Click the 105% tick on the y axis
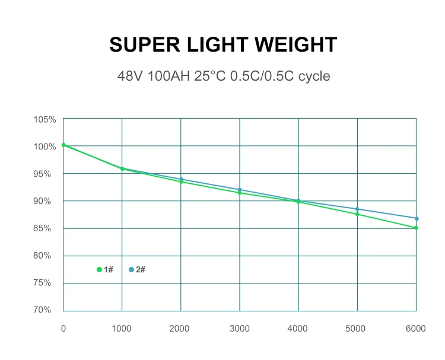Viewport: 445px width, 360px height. pos(44,119)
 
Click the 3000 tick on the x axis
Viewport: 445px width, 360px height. pos(239,327)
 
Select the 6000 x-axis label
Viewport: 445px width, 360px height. pos(415,327)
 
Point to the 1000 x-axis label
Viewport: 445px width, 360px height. pos(122,327)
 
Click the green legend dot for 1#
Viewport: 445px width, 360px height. pos(99,269)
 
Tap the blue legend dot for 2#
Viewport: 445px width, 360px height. pos(131,269)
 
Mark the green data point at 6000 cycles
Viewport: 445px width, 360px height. pos(417,228)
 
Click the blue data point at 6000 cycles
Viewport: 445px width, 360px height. pos(417,218)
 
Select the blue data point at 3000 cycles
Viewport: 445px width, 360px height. pos(240,190)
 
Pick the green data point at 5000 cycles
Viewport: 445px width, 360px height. pos(357,214)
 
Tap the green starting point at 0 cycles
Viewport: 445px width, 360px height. pos(63,145)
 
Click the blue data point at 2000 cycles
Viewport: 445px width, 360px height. pos(181,179)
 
